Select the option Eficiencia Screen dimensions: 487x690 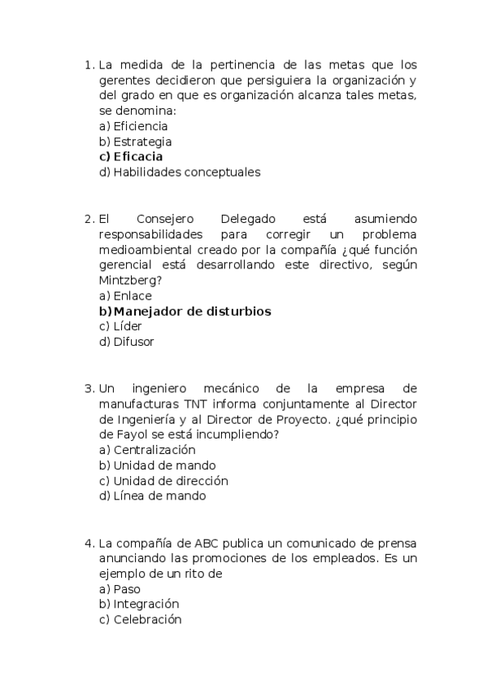pyautogui.click(x=140, y=126)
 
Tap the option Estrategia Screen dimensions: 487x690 pyautogui.click(x=142, y=142)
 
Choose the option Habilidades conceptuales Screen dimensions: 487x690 pyautogui.click(x=186, y=172)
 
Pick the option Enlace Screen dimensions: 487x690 pyautogui.click(x=132, y=296)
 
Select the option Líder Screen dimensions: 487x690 pyautogui.click(x=128, y=326)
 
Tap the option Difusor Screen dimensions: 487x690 pyautogui.click(x=133, y=342)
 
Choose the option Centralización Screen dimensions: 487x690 pyautogui.click(x=154, y=449)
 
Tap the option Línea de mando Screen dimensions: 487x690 pyautogui.click(x=159, y=496)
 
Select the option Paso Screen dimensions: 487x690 pyautogui.click(x=127, y=588)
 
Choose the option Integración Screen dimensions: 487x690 pyautogui.click(x=146, y=604)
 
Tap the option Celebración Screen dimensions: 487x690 pyautogui.click(x=147, y=619)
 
